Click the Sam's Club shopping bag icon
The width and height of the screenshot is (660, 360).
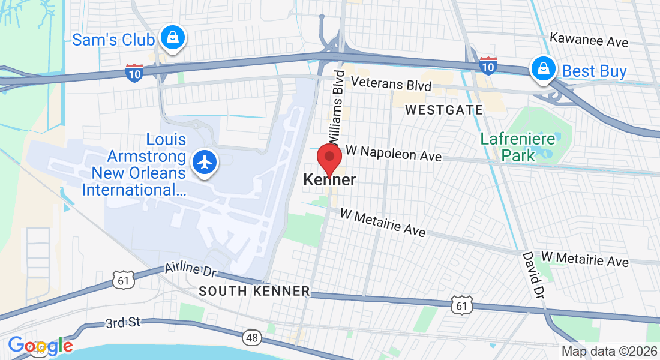[173, 38]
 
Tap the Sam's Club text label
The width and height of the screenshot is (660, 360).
[113, 40]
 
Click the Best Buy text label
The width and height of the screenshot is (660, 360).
[594, 71]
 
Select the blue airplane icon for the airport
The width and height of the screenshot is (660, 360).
[205, 162]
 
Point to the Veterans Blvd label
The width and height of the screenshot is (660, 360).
[391, 84]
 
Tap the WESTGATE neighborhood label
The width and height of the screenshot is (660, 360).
[444, 110]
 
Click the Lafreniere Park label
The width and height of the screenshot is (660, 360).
[508, 147]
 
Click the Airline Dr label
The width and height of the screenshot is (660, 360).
[190, 269]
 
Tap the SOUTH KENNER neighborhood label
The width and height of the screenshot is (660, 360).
[254, 292]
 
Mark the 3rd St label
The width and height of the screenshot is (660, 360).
[122, 323]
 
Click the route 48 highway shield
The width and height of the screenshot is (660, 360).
[252, 338]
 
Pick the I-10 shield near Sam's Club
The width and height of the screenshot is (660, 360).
[134, 73]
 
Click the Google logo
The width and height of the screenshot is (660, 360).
[40, 346]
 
